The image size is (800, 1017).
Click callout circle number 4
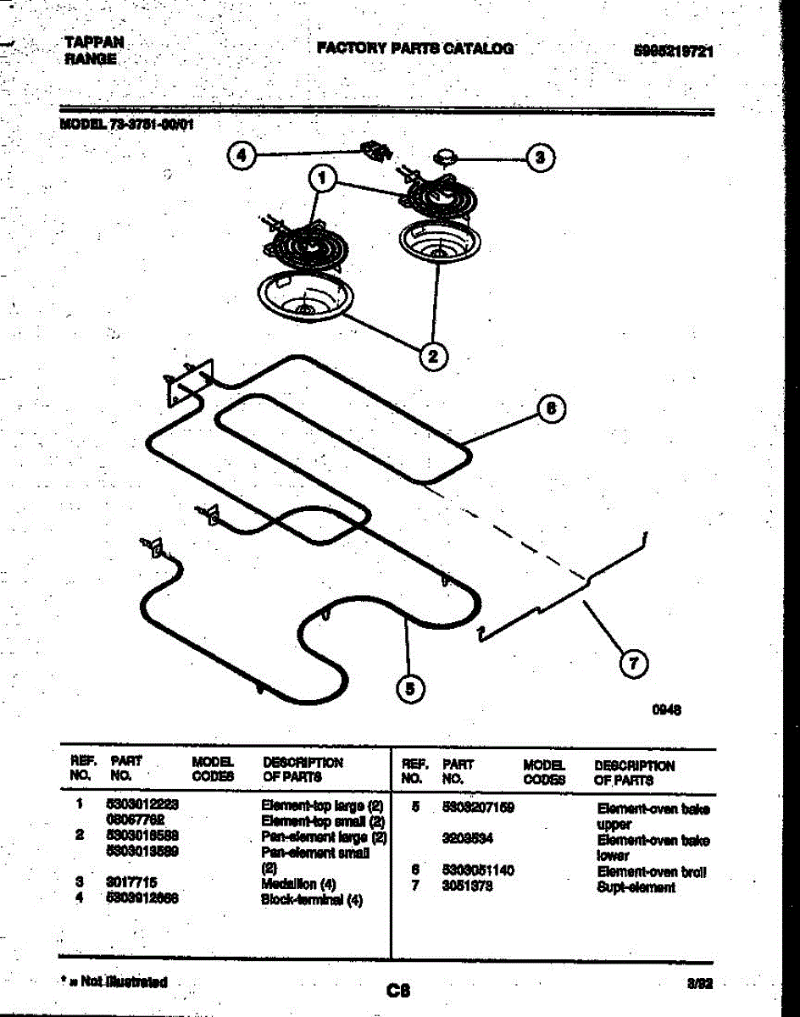tap(243, 156)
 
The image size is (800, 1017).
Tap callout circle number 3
tap(541, 157)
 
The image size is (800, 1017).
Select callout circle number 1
tap(321, 179)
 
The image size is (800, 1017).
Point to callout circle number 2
tap(433, 356)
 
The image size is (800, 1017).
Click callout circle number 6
tap(551, 408)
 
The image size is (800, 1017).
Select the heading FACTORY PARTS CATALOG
tap(415, 48)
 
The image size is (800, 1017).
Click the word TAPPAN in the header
tap(94, 42)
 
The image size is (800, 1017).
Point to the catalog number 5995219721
tap(673, 51)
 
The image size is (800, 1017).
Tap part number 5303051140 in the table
tap(479, 870)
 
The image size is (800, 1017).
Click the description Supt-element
tap(636, 887)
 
